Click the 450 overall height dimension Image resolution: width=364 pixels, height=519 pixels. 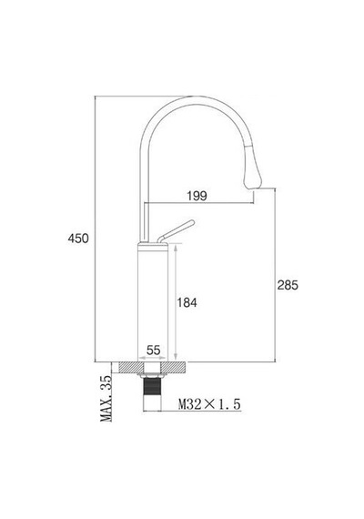[78, 239]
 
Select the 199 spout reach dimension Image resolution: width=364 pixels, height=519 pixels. [197, 196]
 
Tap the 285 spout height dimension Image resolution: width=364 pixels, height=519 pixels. [288, 285]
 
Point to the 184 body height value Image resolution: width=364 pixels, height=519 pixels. [187, 302]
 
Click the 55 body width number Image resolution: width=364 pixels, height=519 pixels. [153, 350]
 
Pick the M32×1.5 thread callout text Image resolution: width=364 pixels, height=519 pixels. [209, 404]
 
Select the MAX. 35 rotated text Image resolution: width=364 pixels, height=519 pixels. [106, 399]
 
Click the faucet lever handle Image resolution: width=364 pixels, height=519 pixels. [176, 230]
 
